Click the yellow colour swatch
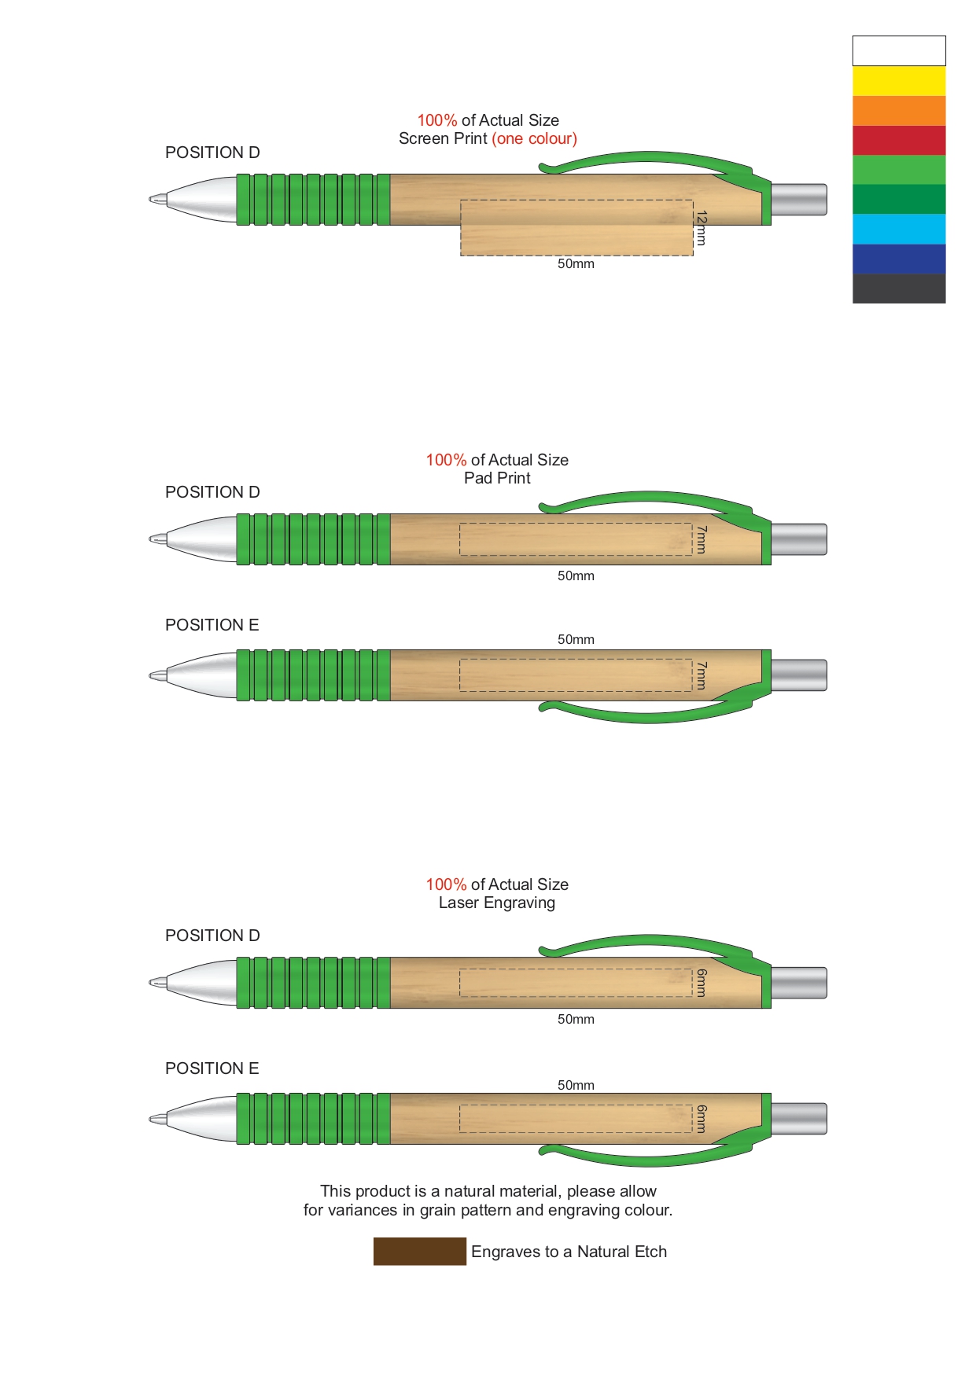tap(898, 81)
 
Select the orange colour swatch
tap(898, 111)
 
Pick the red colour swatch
tap(898, 140)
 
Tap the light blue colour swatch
tap(898, 229)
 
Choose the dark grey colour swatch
tap(898, 289)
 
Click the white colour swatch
tap(898, 51)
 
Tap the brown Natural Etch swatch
tap(419, 1251)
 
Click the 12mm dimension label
tap(701, 228)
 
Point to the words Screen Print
tap(443, 139)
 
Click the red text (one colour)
tap(534, 139)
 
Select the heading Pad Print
tap(497, 478)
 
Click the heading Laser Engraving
tap(497, 903)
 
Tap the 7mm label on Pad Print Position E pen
tap(701, 675)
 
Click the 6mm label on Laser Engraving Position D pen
tap(701, 983)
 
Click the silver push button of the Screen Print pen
tap(798, 200)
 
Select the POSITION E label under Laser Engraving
tap(212, 1068)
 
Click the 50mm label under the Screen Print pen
tap(576, 264)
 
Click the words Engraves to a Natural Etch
tap(569, 1252)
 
